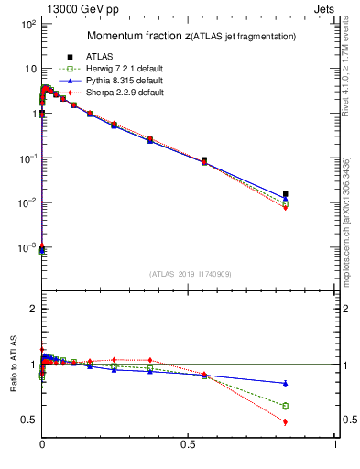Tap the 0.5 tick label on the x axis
(x=189, y=444)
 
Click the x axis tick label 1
(x=336, y=444)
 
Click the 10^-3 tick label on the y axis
(x=26, y=247)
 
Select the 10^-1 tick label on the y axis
(x=26, y=158)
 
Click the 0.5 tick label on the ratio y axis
(x=27, y=420)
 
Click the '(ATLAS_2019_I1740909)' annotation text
(x=189, y=273)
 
